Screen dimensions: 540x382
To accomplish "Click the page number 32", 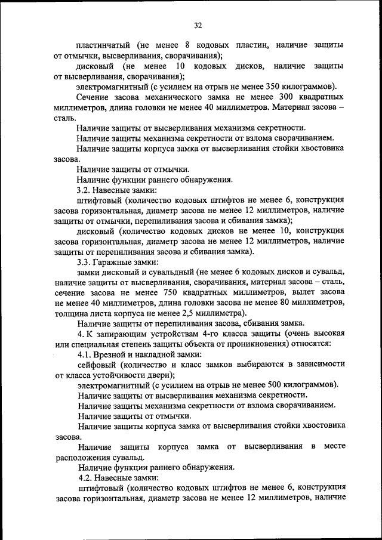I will coord(198,24).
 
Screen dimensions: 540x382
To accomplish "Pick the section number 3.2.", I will coord(84,190).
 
